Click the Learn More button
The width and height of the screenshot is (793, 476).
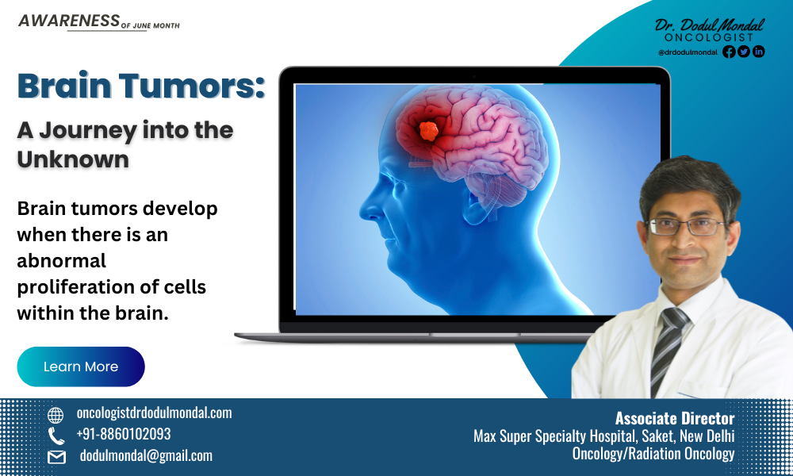81,367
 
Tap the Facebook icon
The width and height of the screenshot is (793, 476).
729,52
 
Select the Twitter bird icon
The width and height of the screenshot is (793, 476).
744,52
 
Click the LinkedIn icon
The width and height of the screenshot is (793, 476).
759,52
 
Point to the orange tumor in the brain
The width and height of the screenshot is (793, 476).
428,131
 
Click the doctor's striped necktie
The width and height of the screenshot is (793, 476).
668,349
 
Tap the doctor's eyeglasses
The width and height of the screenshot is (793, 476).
687,227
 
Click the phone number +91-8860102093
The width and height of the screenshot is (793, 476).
124,434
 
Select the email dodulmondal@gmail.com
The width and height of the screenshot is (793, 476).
146,455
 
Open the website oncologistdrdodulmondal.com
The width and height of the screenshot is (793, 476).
155,413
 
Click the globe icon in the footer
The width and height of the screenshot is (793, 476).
56,415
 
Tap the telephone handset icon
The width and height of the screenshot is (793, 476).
56,436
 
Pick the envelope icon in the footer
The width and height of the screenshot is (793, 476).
56,457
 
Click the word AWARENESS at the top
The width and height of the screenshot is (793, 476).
69,21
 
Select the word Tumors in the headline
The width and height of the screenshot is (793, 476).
192,86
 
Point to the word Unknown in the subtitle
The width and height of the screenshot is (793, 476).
73,159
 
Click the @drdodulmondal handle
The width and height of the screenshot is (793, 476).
688,52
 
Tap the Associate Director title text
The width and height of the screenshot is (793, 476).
675,419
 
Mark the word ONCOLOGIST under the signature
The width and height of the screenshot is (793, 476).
709,37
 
